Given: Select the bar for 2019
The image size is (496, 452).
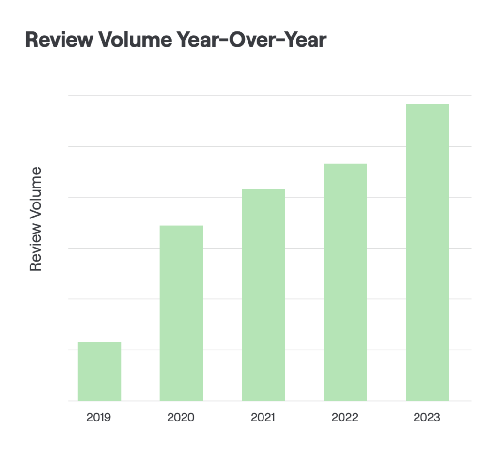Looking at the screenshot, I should point(99,371).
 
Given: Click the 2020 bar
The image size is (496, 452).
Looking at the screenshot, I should point(181,313).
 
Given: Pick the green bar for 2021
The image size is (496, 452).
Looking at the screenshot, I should point(263,295).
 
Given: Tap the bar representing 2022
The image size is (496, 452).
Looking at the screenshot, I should point(345,282).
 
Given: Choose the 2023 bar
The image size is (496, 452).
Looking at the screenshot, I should point(427,252).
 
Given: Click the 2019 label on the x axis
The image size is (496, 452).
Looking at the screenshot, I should point(99,417).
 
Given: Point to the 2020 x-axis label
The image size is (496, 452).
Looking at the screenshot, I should point(181,417).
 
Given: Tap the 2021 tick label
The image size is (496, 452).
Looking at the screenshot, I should point(263,417).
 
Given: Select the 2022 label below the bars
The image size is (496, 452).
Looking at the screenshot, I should point(345,417).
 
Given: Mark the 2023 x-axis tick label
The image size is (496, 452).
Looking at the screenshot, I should point(427,417).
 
